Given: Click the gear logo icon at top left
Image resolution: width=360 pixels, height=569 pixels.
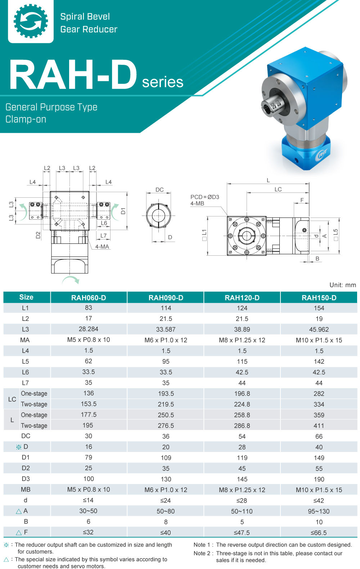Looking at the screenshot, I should pyautogui.click(x=31, y=21).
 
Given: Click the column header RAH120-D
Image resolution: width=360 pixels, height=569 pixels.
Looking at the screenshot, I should pyautogui.click(x=242, y=298).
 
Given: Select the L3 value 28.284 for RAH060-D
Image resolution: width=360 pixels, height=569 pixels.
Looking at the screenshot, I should pyautogui.click(x=89, y=329).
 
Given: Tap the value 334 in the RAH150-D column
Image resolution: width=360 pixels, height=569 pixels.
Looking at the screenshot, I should pyautogui.click(x=319, y=404).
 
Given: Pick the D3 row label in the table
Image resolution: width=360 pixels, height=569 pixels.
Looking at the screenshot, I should pyautogui.click(x=26, y=479).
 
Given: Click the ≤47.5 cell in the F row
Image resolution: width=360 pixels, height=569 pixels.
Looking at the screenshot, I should pyautogui.click(x=242, y=533).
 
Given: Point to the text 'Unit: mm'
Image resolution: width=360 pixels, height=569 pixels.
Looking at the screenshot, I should pyautogui.click(x=342, y=285).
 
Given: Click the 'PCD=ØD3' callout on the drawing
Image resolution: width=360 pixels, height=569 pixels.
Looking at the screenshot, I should pyautogui.click(x=204, y=197).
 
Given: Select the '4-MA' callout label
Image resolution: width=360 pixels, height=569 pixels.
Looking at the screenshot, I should pyautogui.click(x=102, y=247).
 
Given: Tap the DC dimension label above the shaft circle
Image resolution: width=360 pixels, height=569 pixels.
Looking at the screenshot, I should pyautogui.click(x=159, y=190).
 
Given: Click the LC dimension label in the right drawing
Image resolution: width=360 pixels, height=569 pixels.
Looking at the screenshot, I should pyautogui.click(x=278, y=189).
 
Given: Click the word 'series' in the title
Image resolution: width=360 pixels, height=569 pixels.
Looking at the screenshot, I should pyautogui.click(x=162, y=82).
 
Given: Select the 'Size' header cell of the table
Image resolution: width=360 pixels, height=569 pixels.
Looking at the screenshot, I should pyautogui.click(x=26, y=297).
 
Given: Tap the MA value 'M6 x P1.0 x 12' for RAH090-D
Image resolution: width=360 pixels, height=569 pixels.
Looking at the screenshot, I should pyautogui.click(x=166, y=340).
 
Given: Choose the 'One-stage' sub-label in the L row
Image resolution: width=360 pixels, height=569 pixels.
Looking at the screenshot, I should pyautogui.click(x=34, y=415).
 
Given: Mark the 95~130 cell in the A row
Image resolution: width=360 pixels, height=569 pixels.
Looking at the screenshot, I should pyautogui.click(x=319, y=511).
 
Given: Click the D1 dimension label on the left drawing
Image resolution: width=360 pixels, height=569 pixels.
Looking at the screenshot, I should pyautogui.click(x=123, y=211).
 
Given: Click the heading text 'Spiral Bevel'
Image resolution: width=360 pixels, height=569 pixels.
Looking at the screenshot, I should pyautogui.click(x=85, y=17).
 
